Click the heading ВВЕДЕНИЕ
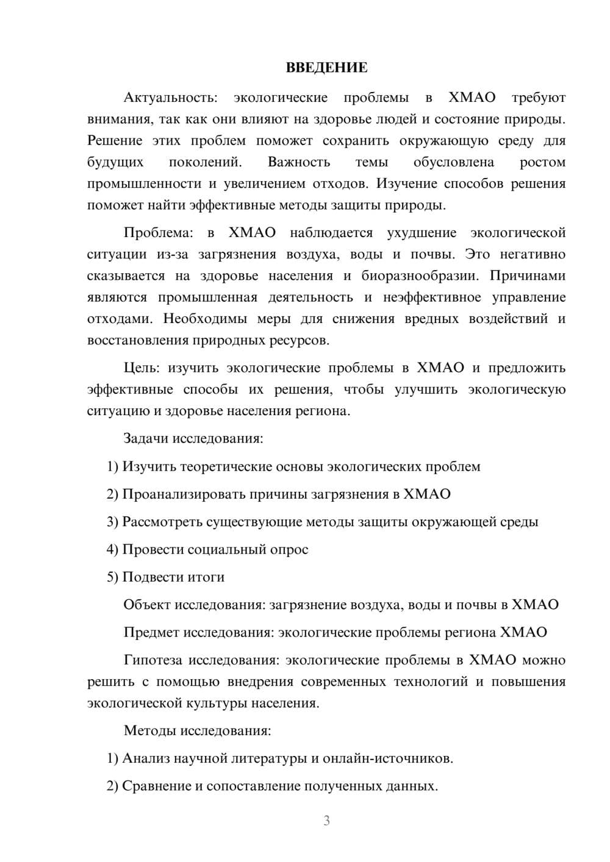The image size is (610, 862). pos(326,68)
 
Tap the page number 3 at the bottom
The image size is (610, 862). pos(326,821)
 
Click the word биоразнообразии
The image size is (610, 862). pos(420,276)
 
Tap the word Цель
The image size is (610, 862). pos(142,368)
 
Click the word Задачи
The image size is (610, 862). pos(146,438)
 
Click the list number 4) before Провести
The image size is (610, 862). pos(112,549)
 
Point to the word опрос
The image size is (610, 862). pos(290,549)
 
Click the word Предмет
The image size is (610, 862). pos(151,632)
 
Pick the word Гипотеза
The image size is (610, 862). pos(153,660)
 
